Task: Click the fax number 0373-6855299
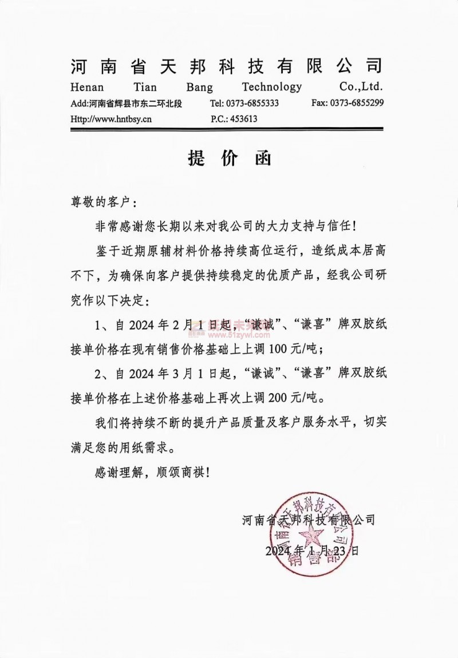pos(356,104)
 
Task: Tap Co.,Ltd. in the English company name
pos(361,87)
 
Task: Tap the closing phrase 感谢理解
pos(115,473)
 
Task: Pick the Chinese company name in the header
pos(226,66)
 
